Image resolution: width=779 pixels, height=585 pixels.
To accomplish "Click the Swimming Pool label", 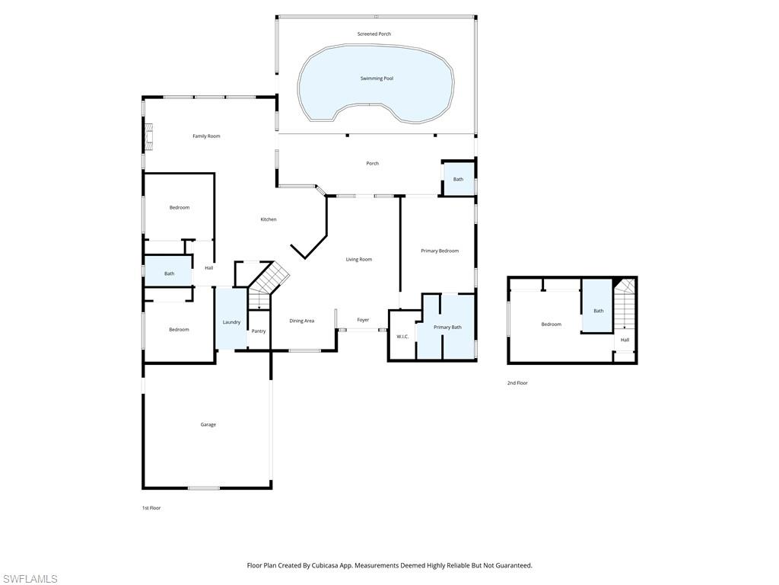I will [377, 78].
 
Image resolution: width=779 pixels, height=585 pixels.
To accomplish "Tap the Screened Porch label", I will [374, 34].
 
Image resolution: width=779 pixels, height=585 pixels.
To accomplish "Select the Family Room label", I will [206, 136].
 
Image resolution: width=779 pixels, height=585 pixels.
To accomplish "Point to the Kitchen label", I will [269, 219].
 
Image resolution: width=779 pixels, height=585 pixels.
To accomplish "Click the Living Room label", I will [359, 260].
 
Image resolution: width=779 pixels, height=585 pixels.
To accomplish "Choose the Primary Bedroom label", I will [440, 251].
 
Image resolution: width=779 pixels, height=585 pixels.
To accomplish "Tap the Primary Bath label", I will [447, 328].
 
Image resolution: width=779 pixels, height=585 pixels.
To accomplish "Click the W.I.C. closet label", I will [402, 336].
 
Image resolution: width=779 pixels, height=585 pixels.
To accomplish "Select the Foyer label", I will [363, 320].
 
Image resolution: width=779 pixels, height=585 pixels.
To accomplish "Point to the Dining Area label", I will [302, 321].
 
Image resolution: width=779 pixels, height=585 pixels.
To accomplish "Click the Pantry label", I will [259, 331].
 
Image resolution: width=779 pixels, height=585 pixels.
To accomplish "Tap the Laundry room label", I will [231, 322].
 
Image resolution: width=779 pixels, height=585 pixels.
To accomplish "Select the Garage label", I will [208, 424].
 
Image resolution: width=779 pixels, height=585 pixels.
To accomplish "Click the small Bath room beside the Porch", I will [458, 180].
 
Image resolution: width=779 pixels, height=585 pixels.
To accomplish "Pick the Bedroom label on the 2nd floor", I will [551, 324].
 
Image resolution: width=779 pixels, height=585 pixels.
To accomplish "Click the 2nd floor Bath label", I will [599, 311].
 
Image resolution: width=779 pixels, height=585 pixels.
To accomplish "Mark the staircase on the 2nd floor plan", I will [625, 305].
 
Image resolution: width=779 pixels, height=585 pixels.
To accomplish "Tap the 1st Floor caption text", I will [151, 507].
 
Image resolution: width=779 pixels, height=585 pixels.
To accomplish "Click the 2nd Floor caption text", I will [517, 383].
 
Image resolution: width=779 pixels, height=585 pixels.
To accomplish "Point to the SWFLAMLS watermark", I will [30, 579].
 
